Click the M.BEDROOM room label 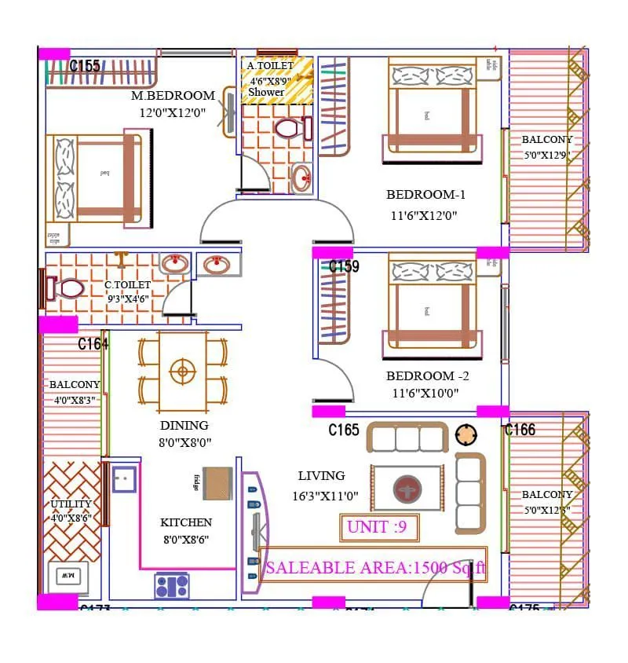pyautogui.click(x=173, y=96)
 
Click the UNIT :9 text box pyautogui.click(x=379, y=527)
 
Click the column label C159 pyautogui.click(x=344, y=267)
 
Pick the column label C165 pyautogui.click(x=344, y=430)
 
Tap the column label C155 pyautogui.click(x=85, y=66)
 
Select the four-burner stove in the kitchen pyautogui.click(x=172, y=586)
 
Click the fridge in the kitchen pyautogui.click(x=217, y=483)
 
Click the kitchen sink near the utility pyautogui.click(x=124, y=478)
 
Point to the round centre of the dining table pyautogui.click(x=183, y=372)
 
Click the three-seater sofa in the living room pyautogui.click(x=407, y=438)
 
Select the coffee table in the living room pyautogui.click(x=407, y=488)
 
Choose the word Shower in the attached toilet pyautogui.click(x=266, y=92)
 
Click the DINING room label pyautogui.click(x=184, y=426)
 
